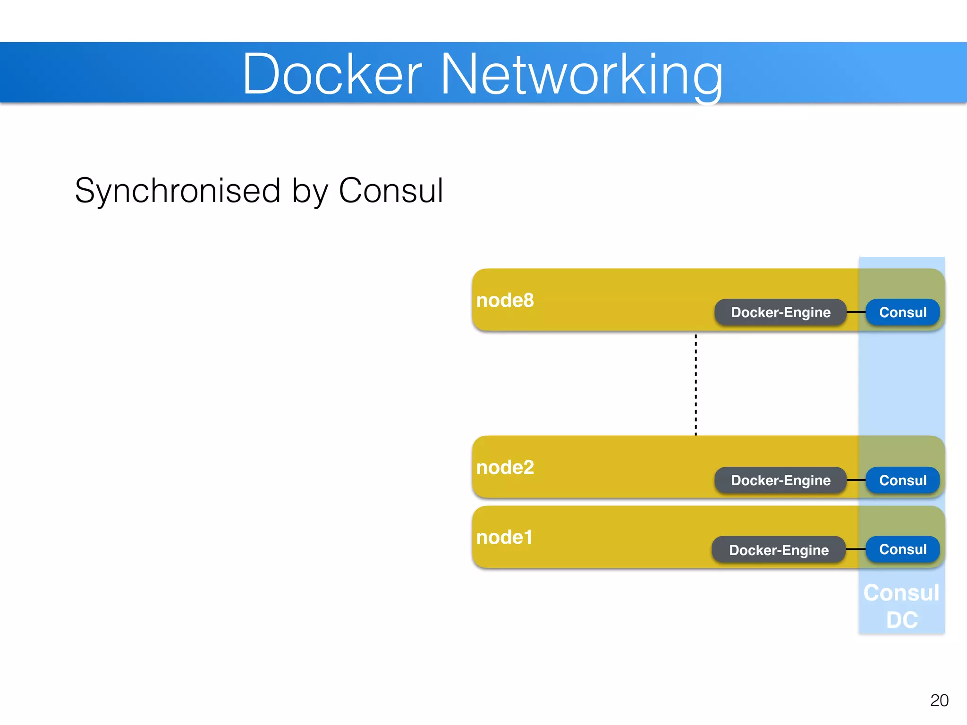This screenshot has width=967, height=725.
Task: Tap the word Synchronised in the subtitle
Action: click(178, 191)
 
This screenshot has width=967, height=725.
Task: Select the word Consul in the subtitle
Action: click(390, 191)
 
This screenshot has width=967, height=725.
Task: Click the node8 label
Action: click(505, 300)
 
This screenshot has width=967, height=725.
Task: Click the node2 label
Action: click(505, 467)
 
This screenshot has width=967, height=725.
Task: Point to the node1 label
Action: click(504, 537)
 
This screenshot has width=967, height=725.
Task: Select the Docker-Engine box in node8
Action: click(780, 312)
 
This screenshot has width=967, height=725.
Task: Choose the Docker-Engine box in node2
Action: click(780, 480)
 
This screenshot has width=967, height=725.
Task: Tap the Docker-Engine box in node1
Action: click(778, 550)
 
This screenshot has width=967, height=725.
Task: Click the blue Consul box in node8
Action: click(902, 312)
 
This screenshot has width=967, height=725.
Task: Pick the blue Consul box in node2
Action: click(902, 480)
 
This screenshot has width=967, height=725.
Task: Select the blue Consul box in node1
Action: click(902, 549)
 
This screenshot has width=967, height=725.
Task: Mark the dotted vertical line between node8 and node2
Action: click(696, 385)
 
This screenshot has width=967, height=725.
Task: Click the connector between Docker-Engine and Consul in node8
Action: click(856, 312)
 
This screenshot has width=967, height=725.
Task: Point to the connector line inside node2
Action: click(856, 480)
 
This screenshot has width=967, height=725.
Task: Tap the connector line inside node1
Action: click(856, 549)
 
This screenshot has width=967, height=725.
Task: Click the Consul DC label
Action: click(901, 606)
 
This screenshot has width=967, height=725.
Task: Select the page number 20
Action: click(939, 700)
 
